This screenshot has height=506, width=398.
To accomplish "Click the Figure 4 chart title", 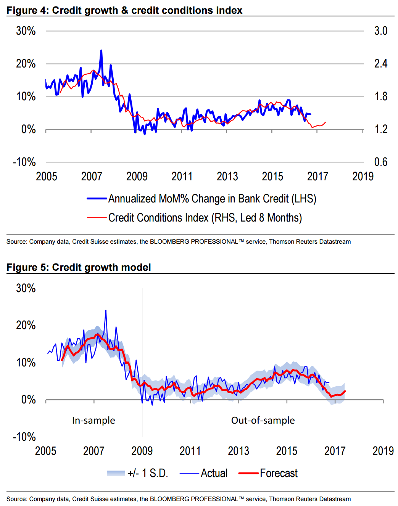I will (x=124, y=10).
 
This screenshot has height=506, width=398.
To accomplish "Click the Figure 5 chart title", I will (x=79, y=267).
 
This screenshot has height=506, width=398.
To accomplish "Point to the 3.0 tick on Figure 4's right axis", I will (x=380, y=31).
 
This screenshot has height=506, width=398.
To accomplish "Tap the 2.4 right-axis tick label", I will (x=380, y=63).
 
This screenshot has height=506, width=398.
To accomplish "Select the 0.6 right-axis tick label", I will (x=380, y=162).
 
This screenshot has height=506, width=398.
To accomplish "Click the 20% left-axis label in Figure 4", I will (x=26, y=64).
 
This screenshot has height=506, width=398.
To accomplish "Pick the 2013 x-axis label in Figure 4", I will (x=227, y=177).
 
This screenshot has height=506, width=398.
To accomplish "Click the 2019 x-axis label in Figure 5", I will (x=383, y=451).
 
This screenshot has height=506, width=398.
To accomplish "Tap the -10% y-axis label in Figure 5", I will (x=24, y=437).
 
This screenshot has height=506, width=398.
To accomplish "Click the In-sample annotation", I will (x=93, y=420).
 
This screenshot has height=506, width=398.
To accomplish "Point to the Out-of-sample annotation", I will (x=263, y=420).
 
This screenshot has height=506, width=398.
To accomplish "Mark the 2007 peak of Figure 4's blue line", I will (x=101, y=50).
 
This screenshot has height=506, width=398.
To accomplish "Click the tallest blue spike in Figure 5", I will (x=106, y=310).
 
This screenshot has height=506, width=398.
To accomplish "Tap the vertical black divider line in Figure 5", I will (x=142, y=362).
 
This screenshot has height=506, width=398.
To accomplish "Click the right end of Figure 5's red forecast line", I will (x=345, y=391).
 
